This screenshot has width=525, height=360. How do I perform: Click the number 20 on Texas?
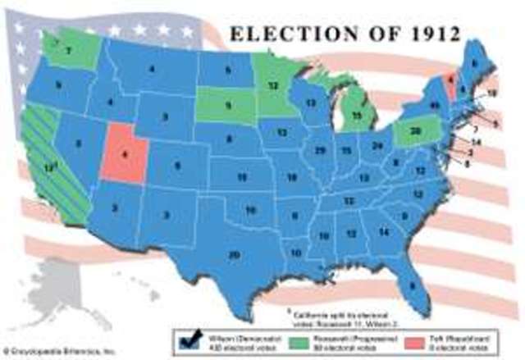pyautogui.click(x=235, y=255)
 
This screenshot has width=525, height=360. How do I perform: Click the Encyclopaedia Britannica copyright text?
pyautogui.click(x=57, y=349)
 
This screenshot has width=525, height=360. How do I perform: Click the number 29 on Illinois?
pyautogui.click(x=319, y=151)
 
